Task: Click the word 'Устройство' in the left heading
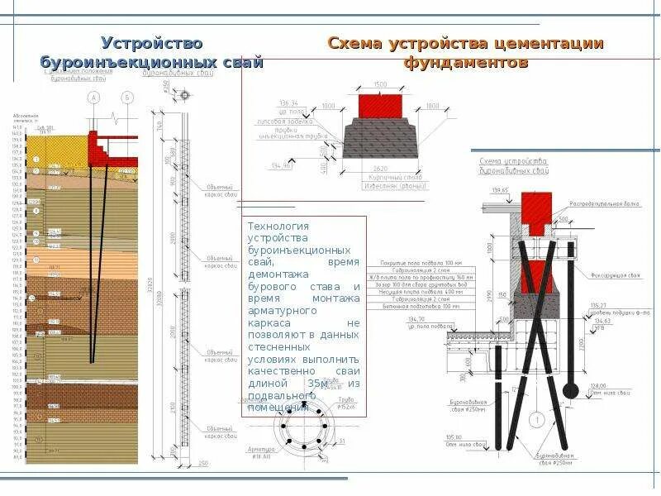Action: [x=151, y=43]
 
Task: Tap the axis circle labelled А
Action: [x=93, y=98]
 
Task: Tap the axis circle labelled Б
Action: [x=127, y=98]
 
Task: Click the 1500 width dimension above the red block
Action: [x=380, y=85]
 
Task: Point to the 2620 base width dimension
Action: [x=381, y=169]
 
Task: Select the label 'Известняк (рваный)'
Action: [x=394, y=186]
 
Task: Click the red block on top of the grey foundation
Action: [x=380, y=105]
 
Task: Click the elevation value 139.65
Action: [x=500, y=190]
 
